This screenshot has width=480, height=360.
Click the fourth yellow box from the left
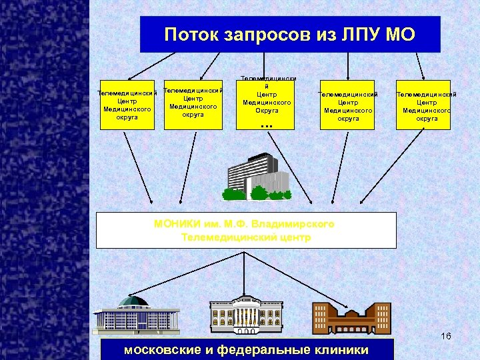tap(347, 106)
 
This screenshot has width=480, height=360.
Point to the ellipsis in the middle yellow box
tap(267, 125)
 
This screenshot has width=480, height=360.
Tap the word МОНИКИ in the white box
tap(177, 224)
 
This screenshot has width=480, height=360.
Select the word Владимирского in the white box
tap(297, 224)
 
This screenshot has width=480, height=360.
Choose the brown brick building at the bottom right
tap(352, 317)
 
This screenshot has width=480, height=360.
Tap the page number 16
tap(445, 336)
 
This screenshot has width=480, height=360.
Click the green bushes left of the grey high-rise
tap(234, 194)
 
